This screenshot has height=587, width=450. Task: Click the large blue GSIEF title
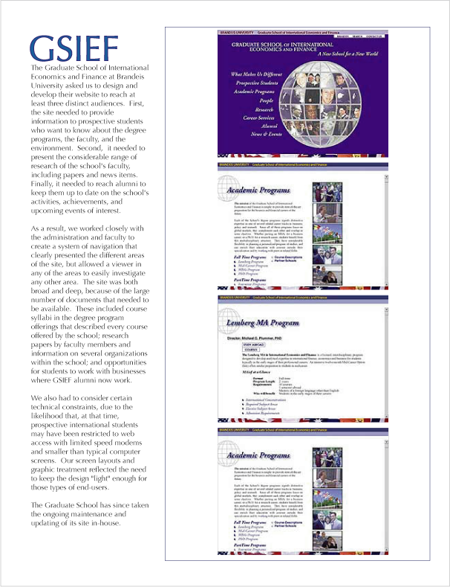point(74,48)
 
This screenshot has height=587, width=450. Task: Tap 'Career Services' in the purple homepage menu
point(258,118)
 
